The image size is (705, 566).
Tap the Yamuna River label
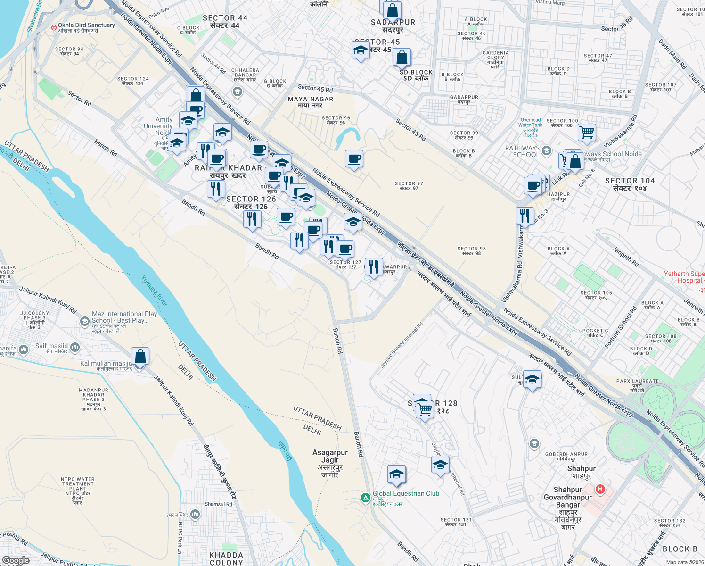pos(155,291)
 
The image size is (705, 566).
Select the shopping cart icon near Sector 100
pos(587,133)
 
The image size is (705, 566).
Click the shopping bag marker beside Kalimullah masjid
pos(140,357)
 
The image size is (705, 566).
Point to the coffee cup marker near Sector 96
pos(354,160)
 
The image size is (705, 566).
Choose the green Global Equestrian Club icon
pos(365,498)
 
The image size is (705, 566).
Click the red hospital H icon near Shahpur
pos(600,489)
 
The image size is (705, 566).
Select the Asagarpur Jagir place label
pos(330,463)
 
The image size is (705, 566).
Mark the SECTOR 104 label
pos(630,184)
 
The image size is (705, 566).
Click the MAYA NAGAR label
pos(311,102)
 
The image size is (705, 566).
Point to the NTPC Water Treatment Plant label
pos(78,491)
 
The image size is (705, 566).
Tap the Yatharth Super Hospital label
pos(684,277)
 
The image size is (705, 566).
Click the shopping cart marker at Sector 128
pos(425,409)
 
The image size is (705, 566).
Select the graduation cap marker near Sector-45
pos(361,51)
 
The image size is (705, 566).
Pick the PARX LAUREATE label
pos(637,385)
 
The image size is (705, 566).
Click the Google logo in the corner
pos(16,560)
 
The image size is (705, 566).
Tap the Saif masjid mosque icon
pos(75,348)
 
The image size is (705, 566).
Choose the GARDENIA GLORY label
pos(495,60)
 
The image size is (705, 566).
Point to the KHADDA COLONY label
pos(226,558)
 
